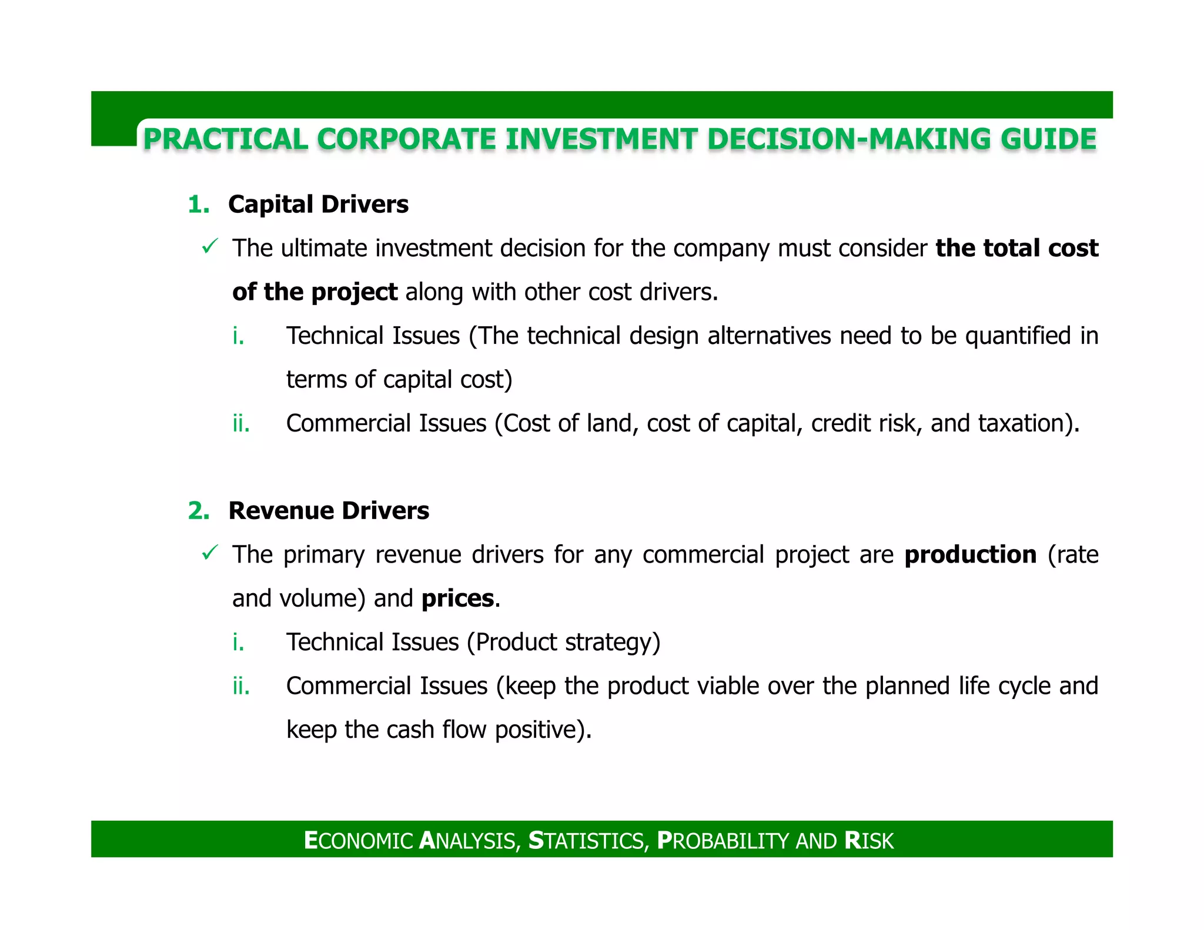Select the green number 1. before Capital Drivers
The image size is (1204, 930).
tap(199, 205)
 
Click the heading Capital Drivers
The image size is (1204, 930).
tap(318, 205)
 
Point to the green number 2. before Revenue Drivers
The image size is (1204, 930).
tap(199, 511)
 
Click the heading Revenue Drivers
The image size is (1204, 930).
tap(329, 511)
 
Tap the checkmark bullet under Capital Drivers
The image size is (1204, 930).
tap(210, 246)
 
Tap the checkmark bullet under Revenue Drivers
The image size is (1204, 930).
tap(210, 553)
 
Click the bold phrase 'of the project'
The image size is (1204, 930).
tap(315, 292)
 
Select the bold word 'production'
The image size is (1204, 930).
tap(970, 555)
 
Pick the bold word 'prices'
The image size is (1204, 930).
tap(457, 598)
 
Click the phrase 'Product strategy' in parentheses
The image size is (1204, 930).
tap(563, 642)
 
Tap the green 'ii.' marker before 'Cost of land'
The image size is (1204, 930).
tap(241, 423)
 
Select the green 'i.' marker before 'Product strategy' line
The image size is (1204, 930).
tap(238, 642)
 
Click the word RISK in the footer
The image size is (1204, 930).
tap(868, 841)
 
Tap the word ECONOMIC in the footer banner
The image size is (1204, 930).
tap(359, 841)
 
